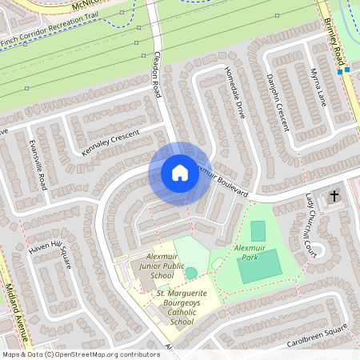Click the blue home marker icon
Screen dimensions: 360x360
tap(179, 173)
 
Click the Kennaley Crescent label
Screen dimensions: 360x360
tap(110, 142)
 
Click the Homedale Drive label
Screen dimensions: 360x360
tap(235, 91)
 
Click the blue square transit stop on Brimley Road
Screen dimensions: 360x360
tap(341, 72)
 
